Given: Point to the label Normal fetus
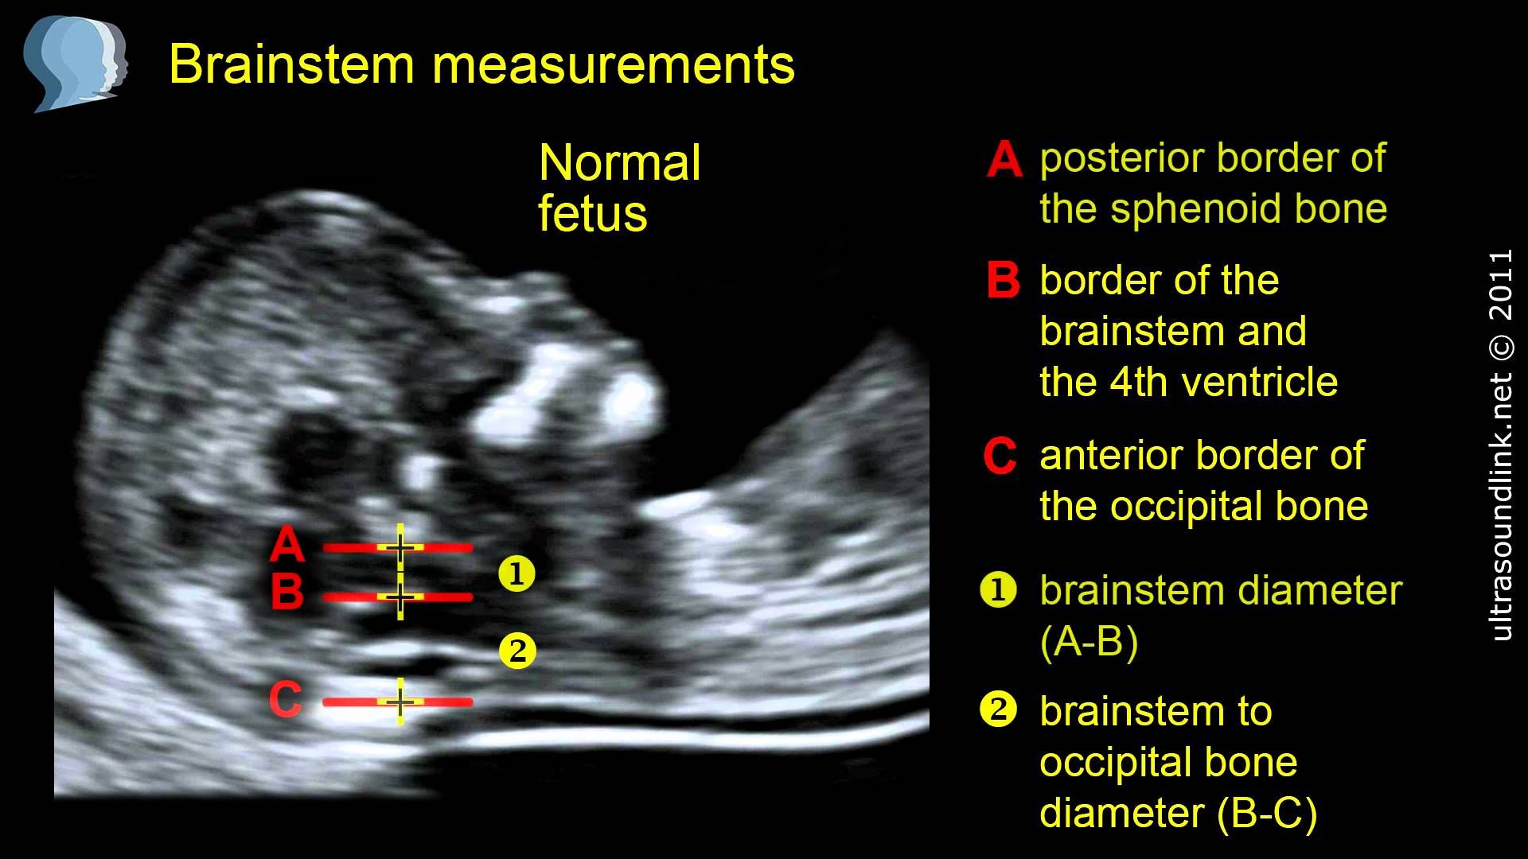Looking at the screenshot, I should pos(619,188).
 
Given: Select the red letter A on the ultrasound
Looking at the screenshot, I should pos(287,546).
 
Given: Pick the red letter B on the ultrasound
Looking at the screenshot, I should pos(287,593).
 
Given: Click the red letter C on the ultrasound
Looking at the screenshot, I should pos(285,700).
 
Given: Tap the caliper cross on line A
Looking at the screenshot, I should pos(400,547).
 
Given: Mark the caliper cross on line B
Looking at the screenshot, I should pos(400,597).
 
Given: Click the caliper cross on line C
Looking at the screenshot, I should pos(400,702).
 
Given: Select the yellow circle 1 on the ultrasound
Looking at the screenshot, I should pos(516,573).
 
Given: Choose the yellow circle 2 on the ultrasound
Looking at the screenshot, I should pos(517,651).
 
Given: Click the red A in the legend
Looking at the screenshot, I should pos(1004,159).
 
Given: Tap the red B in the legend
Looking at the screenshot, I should pos(1003,280).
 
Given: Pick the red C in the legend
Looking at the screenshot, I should pos(1000,456).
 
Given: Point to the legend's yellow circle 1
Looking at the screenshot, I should pos(999,590).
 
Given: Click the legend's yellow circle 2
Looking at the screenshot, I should pos(999,709).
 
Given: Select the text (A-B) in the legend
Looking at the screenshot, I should pos(1089,641).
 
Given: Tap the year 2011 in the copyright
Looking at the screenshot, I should pos(1500,284).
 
